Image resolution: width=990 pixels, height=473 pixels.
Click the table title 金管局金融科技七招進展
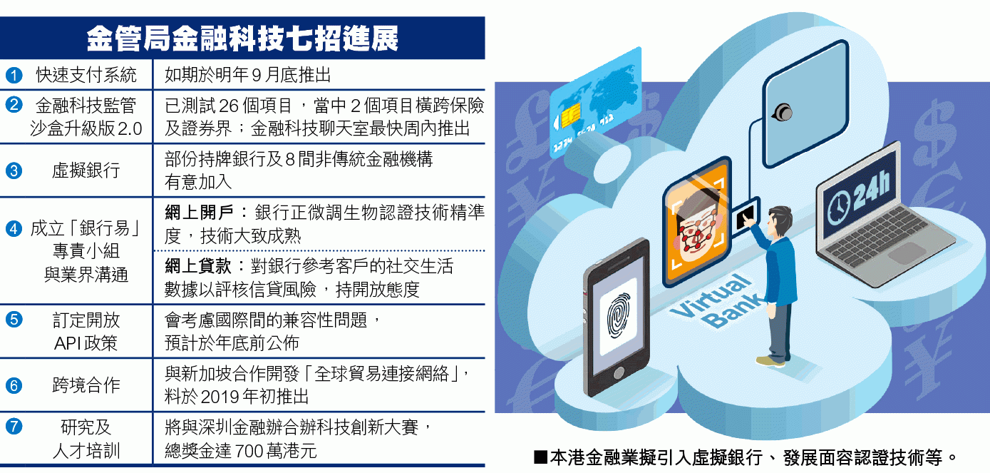242,39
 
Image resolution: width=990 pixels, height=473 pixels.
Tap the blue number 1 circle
14,75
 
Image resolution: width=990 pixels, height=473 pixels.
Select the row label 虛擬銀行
86,171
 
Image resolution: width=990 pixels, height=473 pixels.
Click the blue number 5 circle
14,319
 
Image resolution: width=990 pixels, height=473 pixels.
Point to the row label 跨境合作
86,385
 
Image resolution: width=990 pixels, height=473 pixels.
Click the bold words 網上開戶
199,213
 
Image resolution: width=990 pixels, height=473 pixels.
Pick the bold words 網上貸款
199,266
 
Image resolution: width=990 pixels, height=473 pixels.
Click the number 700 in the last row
249,452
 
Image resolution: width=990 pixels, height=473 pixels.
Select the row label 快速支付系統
86,75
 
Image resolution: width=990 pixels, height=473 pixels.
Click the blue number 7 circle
14,427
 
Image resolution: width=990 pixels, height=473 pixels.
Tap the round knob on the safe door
783,113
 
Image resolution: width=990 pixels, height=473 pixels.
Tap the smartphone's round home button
619,373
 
